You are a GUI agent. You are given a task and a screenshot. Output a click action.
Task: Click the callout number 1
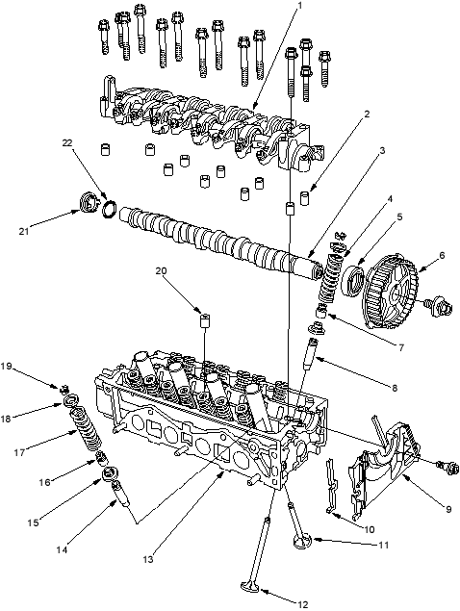point(300,6)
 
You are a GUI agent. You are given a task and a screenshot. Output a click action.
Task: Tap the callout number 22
point(67,143)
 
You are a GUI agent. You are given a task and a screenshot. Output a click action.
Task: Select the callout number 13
point(148,560)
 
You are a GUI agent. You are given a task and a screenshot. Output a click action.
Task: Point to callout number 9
point(448,509)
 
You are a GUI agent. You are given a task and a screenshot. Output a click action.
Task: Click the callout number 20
point(161,270)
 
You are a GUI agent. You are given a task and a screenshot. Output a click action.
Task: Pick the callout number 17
point(19,453)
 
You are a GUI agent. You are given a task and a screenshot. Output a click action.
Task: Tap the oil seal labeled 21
point(88,202)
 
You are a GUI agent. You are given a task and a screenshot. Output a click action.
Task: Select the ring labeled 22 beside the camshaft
point(109,208)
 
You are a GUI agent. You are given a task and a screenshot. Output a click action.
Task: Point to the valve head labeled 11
point(303,541)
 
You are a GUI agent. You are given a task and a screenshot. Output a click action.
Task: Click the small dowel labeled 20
point(205,320)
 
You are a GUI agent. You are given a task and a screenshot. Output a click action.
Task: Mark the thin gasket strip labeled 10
point(332,485)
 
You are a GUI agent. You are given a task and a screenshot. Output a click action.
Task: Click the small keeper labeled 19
point(65,389)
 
